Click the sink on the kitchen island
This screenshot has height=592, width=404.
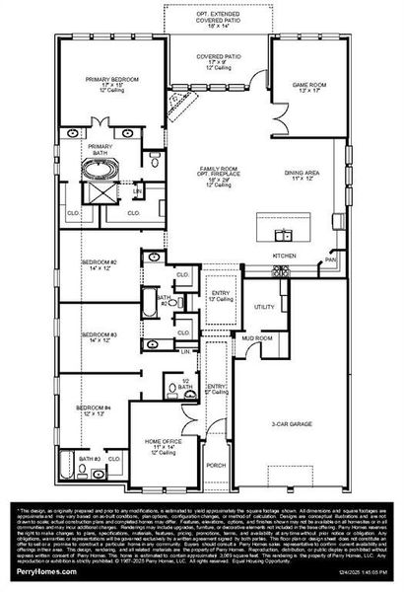coord(286,234)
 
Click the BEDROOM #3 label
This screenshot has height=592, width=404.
coord(100,336)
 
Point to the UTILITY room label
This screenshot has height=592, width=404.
coord(264,308)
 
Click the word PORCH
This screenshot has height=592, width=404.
coord(216,464)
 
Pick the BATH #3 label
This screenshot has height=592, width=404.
coord(91,460)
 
